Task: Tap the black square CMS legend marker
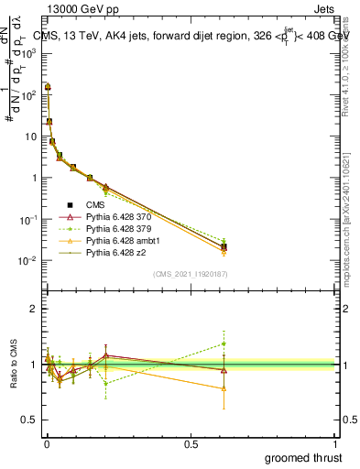(x=69, y=205)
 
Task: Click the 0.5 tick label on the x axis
(x=191, y=443)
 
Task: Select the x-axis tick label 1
(x=336, y=443)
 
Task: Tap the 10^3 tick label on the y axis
(x=29, y=53)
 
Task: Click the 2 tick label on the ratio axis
(x=34, y=309)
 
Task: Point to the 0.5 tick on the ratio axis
(x=30, y=420)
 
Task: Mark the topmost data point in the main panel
(x=48, y=87)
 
